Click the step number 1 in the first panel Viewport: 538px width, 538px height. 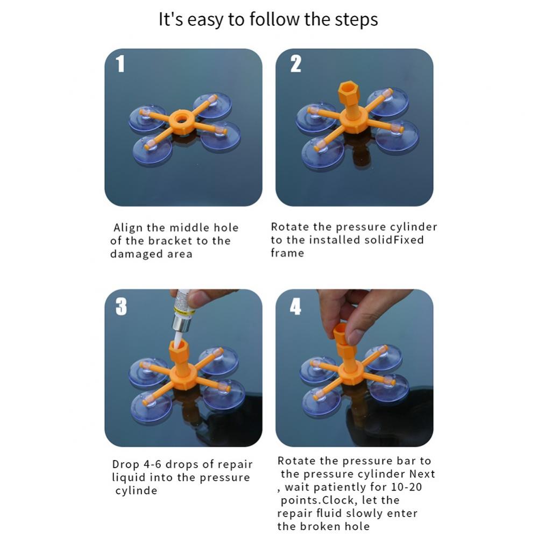(120, 64)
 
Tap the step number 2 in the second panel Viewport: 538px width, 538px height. (295, 64)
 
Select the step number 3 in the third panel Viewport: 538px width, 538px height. (121, 307)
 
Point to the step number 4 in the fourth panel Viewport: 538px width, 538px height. (295, 307)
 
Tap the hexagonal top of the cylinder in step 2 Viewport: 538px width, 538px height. (348, 90)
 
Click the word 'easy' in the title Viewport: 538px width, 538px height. (205, 19)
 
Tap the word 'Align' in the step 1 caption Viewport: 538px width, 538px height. (128, 228)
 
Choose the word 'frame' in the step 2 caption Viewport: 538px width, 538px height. (287, 253)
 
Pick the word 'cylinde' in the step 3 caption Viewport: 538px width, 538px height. (136, 491)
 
